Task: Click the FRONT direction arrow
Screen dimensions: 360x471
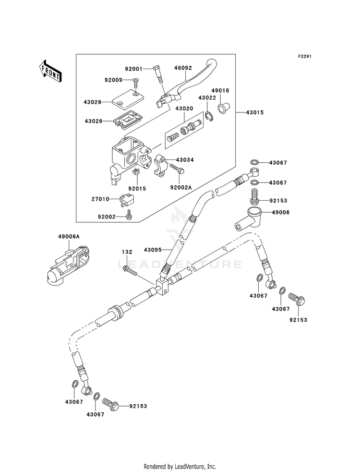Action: click(50, 71)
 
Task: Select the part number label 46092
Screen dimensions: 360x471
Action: click(183, 68)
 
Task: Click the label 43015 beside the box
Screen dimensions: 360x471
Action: click(254, 113)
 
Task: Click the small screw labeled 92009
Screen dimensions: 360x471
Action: click(135, 83)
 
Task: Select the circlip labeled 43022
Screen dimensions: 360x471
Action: click(209, 116)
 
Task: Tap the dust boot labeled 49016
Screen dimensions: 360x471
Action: click(224, 108)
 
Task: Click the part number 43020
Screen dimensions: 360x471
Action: click(184, 109)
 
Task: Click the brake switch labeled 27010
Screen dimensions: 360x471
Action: click(127, 200)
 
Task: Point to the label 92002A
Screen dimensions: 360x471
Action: click(181, 188)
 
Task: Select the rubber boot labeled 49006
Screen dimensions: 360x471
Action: click(248, 220)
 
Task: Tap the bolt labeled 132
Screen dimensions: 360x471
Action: click(130, 269)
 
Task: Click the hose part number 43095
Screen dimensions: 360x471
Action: click(153, 250)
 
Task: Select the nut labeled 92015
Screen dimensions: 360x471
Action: click(136, 173)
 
